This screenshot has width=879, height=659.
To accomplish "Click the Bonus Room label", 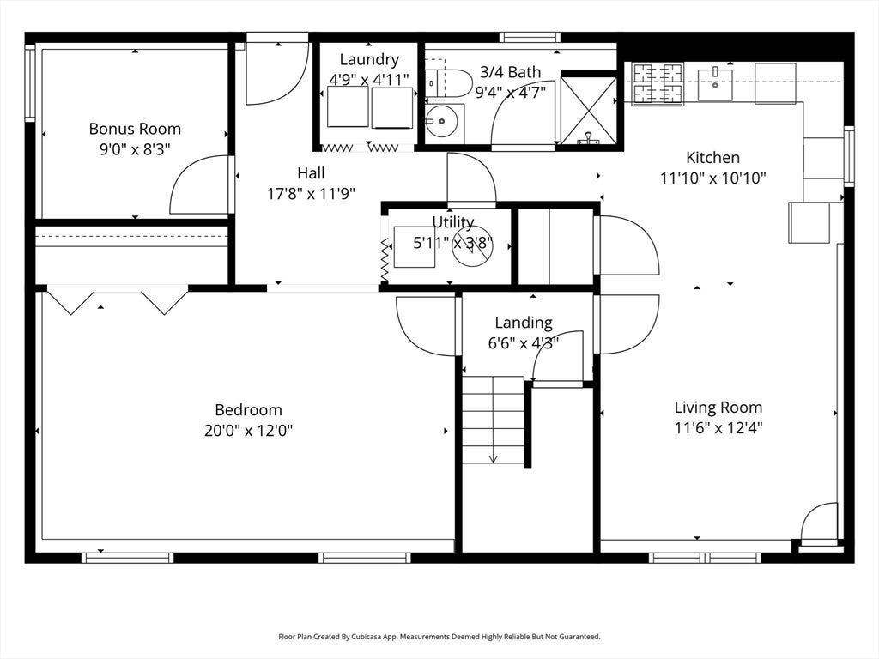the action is tap(135, 129).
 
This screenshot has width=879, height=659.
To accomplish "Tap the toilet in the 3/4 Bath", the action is tap(448, 83).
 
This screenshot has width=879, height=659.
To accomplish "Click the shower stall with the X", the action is tap(589, 110).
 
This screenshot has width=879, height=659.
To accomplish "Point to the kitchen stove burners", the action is tap(658, 84).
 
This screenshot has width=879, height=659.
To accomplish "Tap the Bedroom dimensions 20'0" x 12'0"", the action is tap(248, 431).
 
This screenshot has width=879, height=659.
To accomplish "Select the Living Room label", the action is tap(718, 408).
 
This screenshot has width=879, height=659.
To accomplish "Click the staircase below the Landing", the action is tap(494, 420).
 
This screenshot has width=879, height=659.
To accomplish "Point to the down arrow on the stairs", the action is tap(494, 459).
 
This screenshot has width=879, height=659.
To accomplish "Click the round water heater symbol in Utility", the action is tap(473, 246).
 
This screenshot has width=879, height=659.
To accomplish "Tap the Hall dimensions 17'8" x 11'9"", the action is tap(311, 194).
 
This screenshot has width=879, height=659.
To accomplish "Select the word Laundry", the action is tap(369, 59).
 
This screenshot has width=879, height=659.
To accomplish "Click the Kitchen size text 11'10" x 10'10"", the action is tap(713, 178).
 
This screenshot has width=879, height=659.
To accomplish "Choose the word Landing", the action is tap(524, 323).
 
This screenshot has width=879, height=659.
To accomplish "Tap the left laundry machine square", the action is tap(348, 106).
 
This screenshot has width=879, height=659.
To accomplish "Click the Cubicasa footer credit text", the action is tap(439, 637).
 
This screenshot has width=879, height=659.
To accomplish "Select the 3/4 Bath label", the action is tap(510, 72).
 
